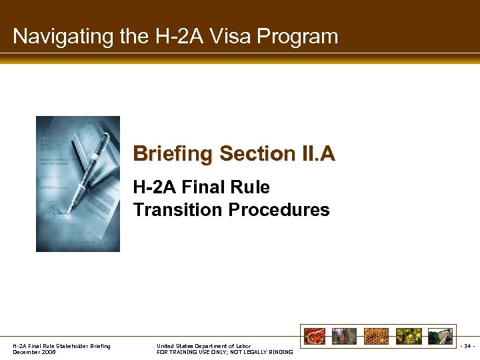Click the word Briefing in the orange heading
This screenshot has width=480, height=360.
173,154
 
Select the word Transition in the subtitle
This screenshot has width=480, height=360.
178,210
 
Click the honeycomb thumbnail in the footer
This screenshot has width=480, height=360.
375,335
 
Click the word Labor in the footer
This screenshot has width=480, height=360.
242,346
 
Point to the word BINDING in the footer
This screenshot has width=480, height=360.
279,352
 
